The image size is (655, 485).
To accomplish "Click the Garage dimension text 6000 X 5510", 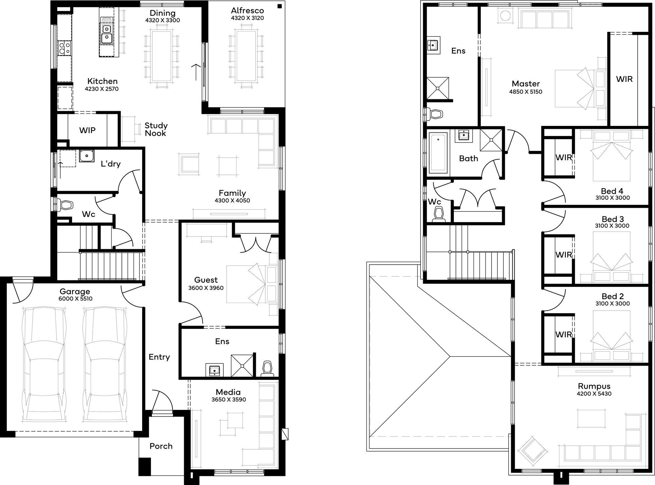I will tap(75, 299).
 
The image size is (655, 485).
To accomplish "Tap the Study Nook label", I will tap(156, 130).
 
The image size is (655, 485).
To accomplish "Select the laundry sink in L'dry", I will tap(87, 156).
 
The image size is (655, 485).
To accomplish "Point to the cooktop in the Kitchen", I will tap(64, 48).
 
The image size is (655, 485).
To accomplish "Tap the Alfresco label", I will tap(247, 10).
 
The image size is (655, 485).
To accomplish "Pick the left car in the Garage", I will tap(44, 364).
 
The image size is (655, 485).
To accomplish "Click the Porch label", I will tap(161, 446).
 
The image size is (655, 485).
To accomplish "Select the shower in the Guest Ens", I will tap(242, 365).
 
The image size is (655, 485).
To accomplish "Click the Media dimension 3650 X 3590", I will tap(229, 399).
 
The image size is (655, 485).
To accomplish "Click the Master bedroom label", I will tap(526, 84).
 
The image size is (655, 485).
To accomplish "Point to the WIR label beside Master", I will tap(624, 79).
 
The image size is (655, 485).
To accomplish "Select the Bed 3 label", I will tap(612, 219).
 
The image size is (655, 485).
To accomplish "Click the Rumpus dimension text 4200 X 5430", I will tap(594, 394).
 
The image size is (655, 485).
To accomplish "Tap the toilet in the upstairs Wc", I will tap(438, 215).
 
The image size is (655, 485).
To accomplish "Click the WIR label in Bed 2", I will tap(563, 334).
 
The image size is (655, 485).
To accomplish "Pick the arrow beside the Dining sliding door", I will tap(196, 72).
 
